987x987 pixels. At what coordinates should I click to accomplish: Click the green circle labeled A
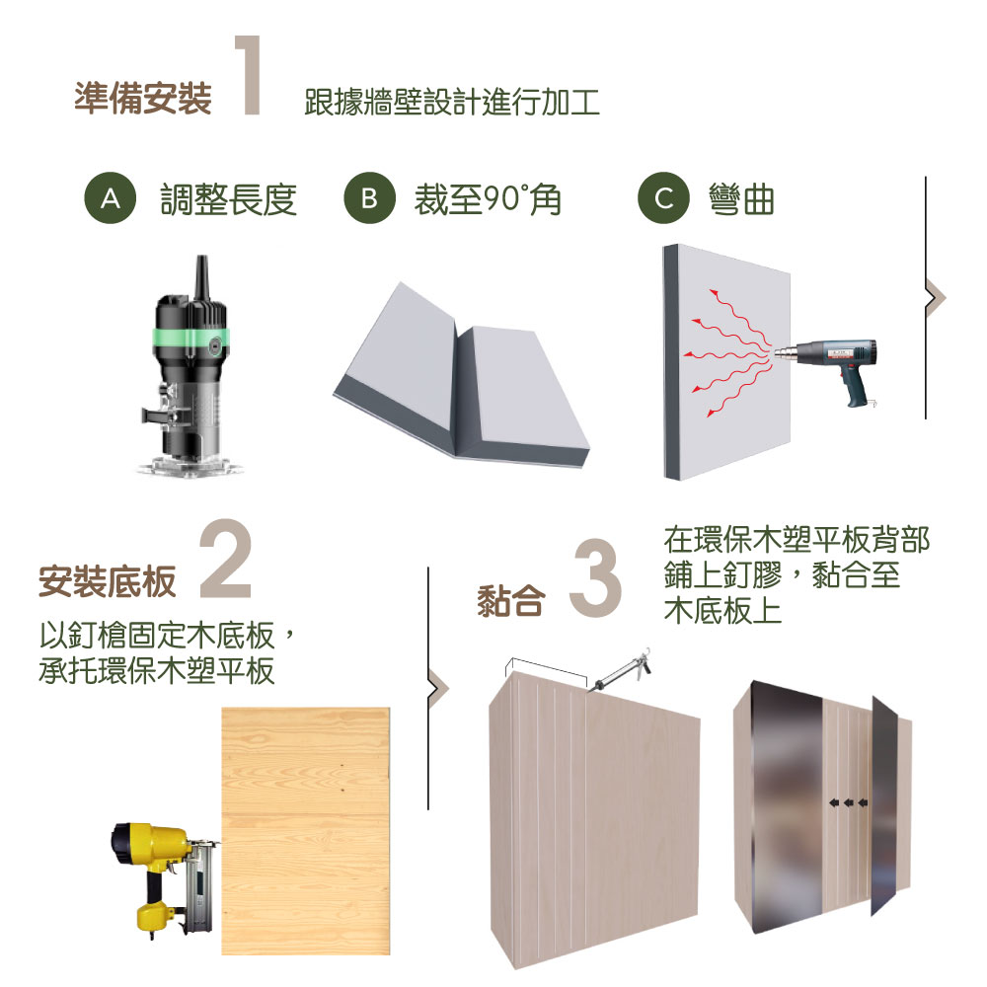pos(111,198)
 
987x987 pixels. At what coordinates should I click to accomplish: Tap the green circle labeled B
pos(369,198)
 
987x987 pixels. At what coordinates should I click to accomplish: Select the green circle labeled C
pos(663,198)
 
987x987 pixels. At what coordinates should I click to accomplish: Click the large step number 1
pos(250,75)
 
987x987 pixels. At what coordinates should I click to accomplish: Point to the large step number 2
pos(225,559)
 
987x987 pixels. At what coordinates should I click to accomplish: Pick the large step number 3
pos(595,576)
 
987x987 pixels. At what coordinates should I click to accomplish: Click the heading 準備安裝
pos(143,98)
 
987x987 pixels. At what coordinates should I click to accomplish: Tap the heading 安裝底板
pos(107,581)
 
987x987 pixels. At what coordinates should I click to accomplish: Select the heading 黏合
pos(510,600)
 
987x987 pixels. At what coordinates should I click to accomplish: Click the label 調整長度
pos(229,199)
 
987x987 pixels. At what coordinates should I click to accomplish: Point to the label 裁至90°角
pos(488,199)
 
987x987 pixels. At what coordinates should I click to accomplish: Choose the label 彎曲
pos(741,199)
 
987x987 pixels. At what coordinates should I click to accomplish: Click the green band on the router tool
pos(190,342)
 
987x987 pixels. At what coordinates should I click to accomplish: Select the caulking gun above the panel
pos(620,670)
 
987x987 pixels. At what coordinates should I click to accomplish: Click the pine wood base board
pos(306,831)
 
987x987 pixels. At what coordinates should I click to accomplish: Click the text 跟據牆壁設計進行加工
pos(451,102)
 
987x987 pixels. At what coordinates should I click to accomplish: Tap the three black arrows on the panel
pos(848,802)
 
